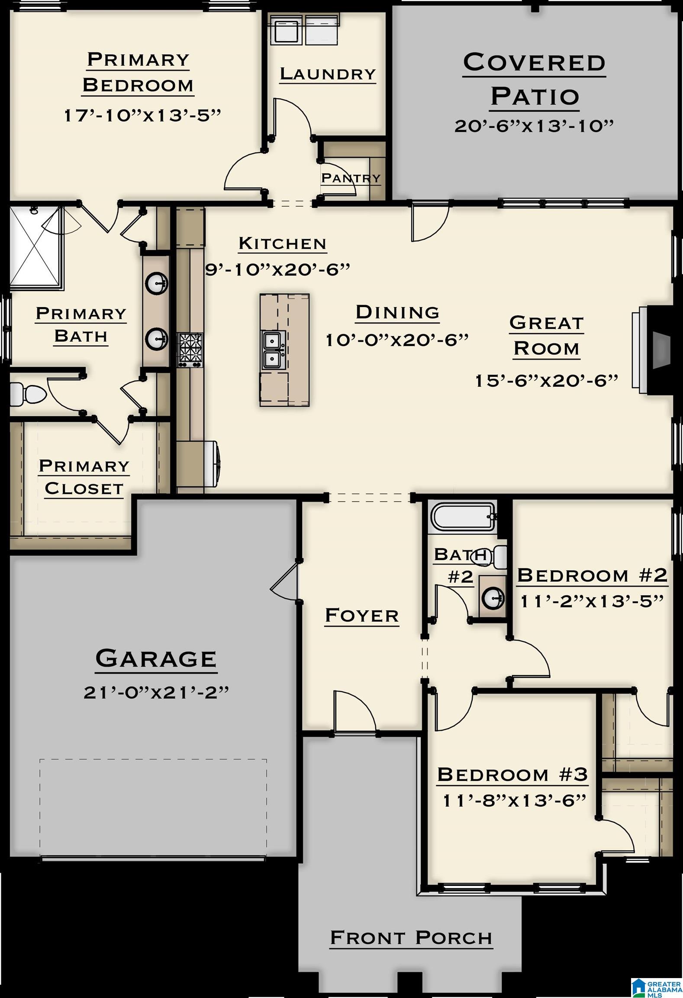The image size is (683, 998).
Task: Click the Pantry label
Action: tap(351, 178)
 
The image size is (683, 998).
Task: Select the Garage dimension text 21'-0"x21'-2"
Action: tap(156, 693)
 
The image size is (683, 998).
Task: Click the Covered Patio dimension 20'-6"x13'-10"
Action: tap(534, 126)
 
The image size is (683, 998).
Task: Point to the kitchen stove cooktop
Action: tap(190, 349)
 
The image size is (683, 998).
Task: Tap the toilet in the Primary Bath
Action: tap(29, 394)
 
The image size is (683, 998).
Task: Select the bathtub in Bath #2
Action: tap(463, 516)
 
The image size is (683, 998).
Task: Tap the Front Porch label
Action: tap(411, 938)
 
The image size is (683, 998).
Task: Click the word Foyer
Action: tap(361, 615)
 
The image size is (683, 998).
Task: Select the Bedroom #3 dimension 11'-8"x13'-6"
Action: tap(514, 800)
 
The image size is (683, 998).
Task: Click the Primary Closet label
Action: tap(84, 477)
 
